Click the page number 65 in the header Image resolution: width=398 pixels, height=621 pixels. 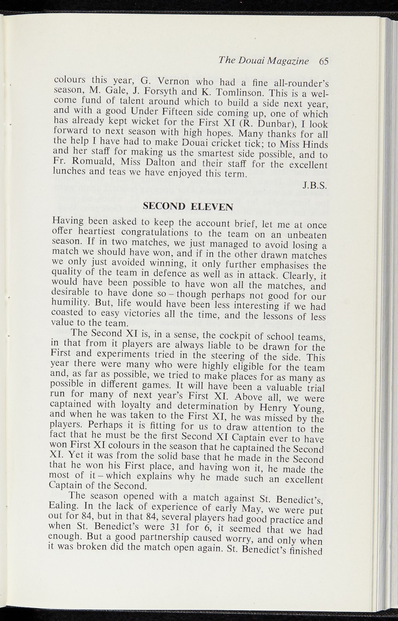[323, 61]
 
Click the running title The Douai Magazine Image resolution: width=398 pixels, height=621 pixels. [263, 61]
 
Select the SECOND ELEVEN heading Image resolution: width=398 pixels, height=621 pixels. [188, 207]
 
